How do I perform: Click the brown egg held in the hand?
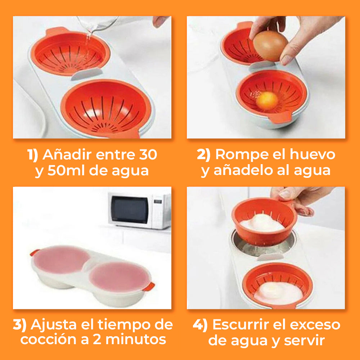(x=270, y=46)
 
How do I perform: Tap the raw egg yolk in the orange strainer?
(x=267, y=100)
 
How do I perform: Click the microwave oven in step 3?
(x=139, y=210)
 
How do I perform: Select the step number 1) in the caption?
(x=33, y=155)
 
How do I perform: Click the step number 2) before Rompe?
(x=203, y=155)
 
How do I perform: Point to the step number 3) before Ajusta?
(x=19, y=325)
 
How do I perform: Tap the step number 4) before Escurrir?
(x=200, y=325)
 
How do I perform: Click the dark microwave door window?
(x=129, y=210)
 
